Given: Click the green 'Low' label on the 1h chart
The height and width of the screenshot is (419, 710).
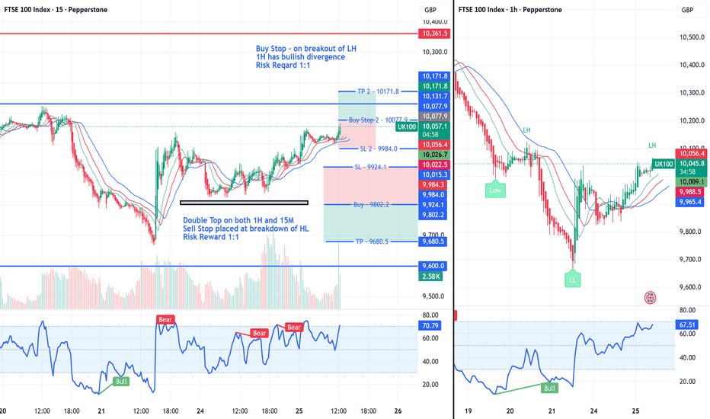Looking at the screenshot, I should pyautogui.click(x=495, y=190).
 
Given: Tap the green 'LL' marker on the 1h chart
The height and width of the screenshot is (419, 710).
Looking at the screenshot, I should pyautogui.click(x=573, y=280).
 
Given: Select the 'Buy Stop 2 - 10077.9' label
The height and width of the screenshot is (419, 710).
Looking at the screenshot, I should pyautogui.click(x=379, y=120).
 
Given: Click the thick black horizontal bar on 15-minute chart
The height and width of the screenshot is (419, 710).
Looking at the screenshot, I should pyautogui.click(x=244, y=202).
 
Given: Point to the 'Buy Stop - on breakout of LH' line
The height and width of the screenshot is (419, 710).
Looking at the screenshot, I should pyautogui.click(x=306, y=49).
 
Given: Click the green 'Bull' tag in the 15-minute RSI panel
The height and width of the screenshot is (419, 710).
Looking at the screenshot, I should pyautogui.click(x=121, y=380).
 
